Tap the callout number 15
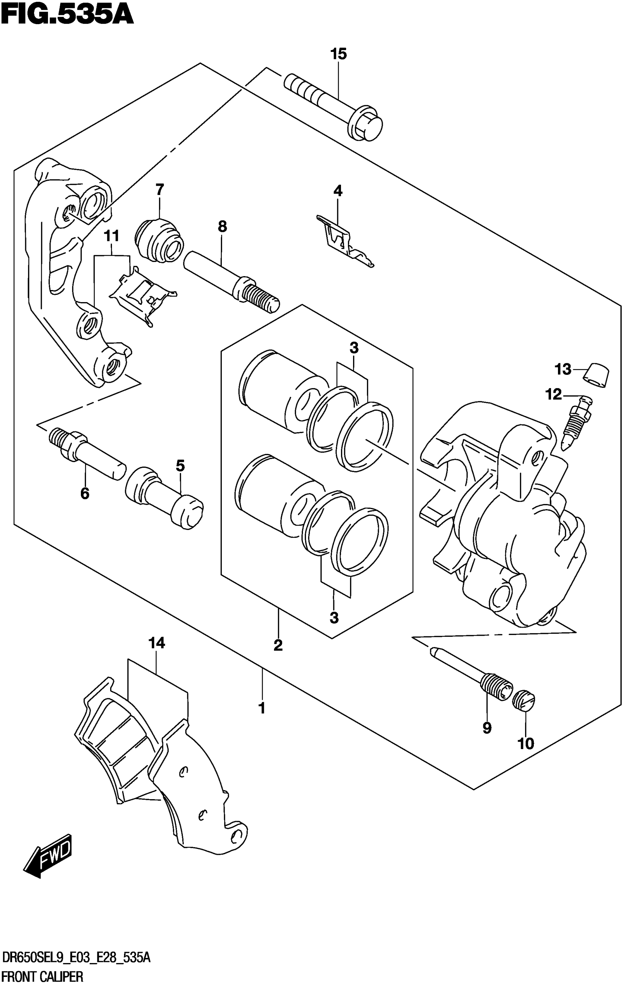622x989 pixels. [x=338, y=54]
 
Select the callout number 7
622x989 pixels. [x=160, y=190]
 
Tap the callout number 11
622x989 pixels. [x=111, y=236]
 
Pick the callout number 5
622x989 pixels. [x=180, y=466]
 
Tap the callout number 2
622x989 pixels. [x=278, y=645]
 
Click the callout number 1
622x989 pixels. [x=261, y=708]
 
